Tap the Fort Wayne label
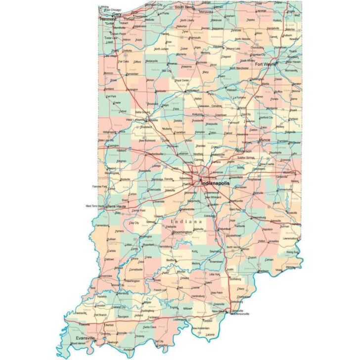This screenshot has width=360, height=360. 266,64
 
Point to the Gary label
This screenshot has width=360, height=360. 117,14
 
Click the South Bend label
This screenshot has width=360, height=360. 183,7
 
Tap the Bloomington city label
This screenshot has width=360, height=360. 182,232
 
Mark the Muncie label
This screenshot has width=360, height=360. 265,140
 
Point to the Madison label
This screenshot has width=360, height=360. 263,271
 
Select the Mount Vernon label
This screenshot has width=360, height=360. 78,343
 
